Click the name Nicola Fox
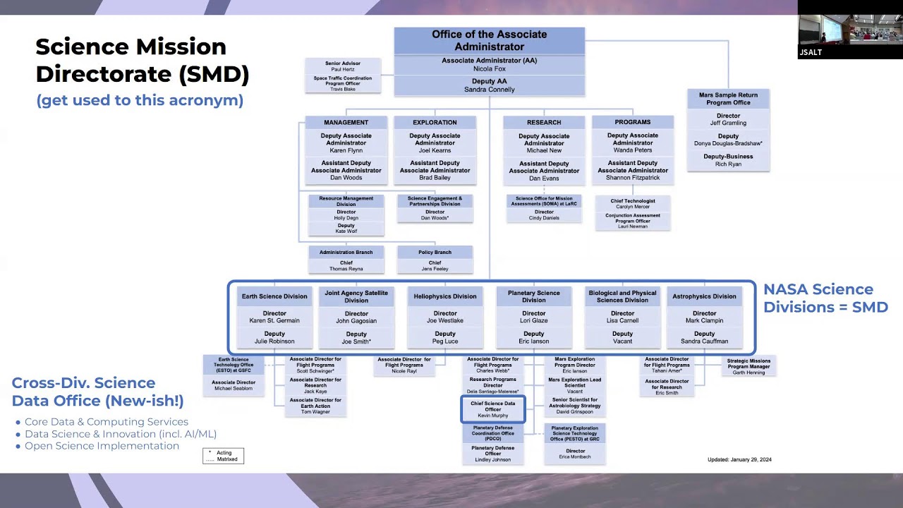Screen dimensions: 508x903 tap(489, 69)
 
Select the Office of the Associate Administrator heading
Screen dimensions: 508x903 tap(489, 40)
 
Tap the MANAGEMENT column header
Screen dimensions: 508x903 tap(346, 122)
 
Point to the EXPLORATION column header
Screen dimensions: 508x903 tap(435, 122)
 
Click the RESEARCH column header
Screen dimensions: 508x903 tap(544, 122)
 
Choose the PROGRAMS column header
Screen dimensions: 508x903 tap(633, 122)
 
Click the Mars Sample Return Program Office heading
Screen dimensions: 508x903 tap(728, 98)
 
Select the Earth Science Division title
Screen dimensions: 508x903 tap(274, 296)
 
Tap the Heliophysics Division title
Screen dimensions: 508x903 tap(445, 296)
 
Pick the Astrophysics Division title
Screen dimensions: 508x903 tap(704, 296)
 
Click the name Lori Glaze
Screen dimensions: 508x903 tap(534, 320)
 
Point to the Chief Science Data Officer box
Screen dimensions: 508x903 tap(493, 409)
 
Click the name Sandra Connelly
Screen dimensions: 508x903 tap(489, 90)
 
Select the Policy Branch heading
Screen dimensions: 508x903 tap(435, 252)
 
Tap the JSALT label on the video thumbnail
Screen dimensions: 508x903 tap(811, 52)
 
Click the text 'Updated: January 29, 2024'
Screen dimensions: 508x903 tap(739, 460)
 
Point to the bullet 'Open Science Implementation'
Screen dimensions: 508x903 tap(102, 446)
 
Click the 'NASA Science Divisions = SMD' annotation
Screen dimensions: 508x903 tap(825, 298)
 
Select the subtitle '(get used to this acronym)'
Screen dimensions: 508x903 tap(140, 100)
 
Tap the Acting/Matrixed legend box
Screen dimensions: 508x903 tap(223, 456)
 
